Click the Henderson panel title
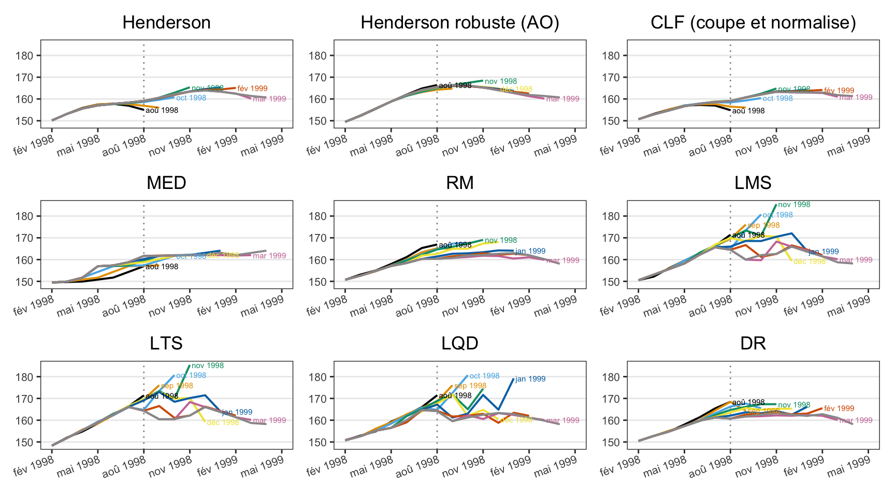click(166, 23)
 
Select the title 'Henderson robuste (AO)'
click(460, 23)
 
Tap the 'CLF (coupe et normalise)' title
click(753, 23)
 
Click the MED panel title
click(166, 183)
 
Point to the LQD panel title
click(460, 344)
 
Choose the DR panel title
click(753, 344)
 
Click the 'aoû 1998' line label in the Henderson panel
click(162, 110)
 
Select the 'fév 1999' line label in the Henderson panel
click(252, 89)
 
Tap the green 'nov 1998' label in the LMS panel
click(794, 204)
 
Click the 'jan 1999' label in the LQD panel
click(530, 379)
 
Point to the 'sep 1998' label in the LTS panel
click(177, 386)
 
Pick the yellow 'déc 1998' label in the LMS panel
click(810, 261)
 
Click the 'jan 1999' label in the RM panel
click(530, 251)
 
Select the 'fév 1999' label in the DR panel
click(839, 408)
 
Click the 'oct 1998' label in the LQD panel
click(484, 376)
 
